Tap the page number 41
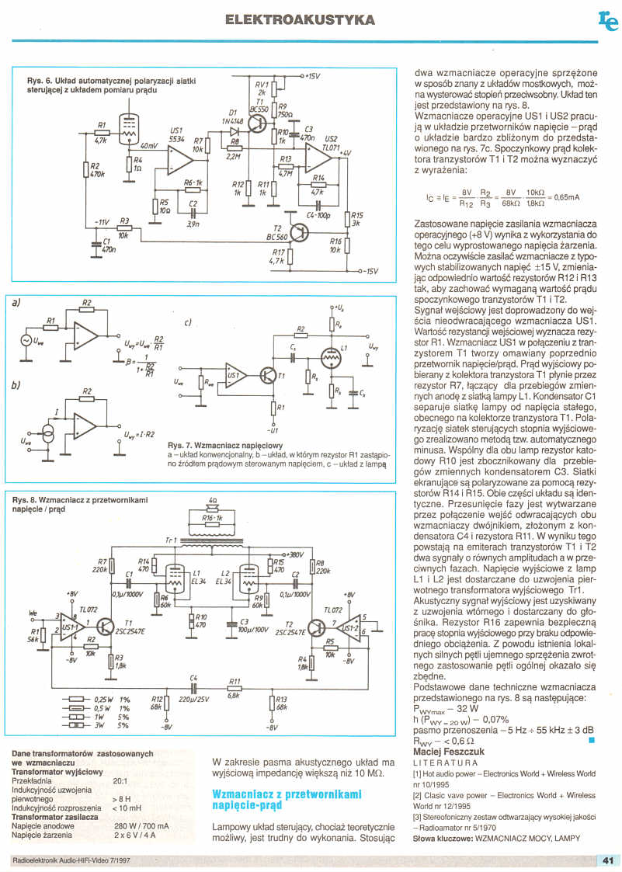[607, 860]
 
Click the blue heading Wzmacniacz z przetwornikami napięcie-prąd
[287, 800]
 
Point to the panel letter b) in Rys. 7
[16, 385]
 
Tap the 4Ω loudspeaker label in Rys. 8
[212, 501]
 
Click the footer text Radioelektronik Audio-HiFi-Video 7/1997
[71, 860]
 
